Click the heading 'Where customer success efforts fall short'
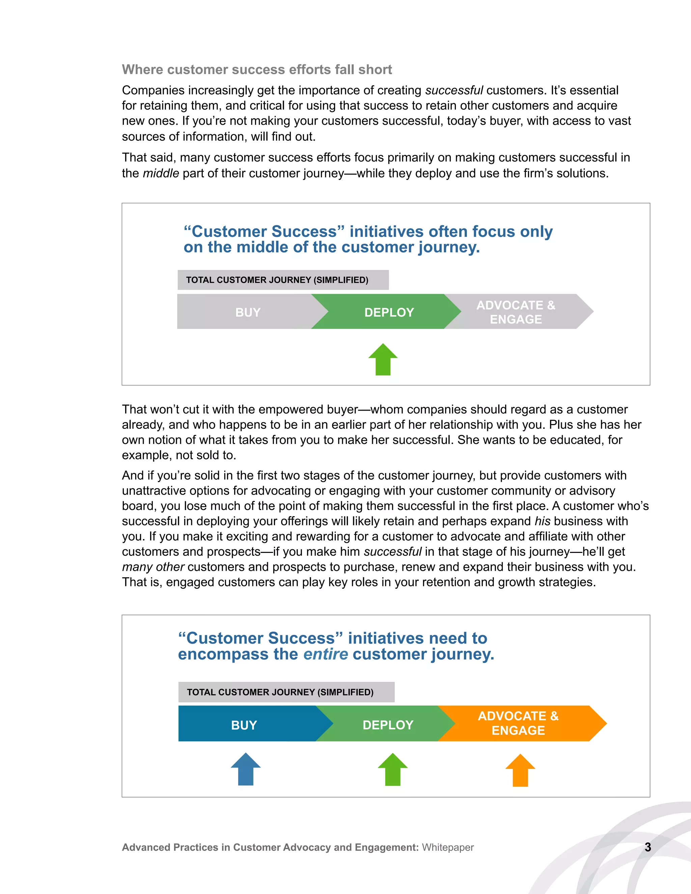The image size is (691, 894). click(x=257, y=69)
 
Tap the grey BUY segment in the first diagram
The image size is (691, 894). click(x=248, y=312)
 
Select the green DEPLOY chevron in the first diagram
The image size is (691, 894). click(x=389, y=312)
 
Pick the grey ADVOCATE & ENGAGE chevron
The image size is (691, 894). click(x=516, y=312)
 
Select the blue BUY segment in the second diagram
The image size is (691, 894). click(x=244, y=725)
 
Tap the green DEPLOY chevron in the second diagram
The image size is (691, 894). click(x=388, y=725)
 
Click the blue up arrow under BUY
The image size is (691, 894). click(x=246, y=769)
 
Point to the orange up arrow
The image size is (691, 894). click(x=520, y=771)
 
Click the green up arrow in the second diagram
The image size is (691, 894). click(x=393, y=770)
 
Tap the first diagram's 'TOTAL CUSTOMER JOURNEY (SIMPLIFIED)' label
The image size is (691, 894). click(x=277, y=280)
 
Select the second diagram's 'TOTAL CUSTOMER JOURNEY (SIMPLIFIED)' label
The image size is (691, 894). click(x=280, y=692)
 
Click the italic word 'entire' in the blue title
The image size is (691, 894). click(x=326, y=654)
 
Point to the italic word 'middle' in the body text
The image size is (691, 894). click(x=161, y=173)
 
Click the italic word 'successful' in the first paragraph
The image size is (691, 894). click(x=454, y=90)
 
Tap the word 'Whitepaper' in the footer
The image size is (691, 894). click(x=448, y=847)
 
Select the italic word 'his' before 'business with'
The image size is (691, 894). click(x=543, y=521)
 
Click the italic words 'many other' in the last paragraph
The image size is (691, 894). click(x=153, y=567)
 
